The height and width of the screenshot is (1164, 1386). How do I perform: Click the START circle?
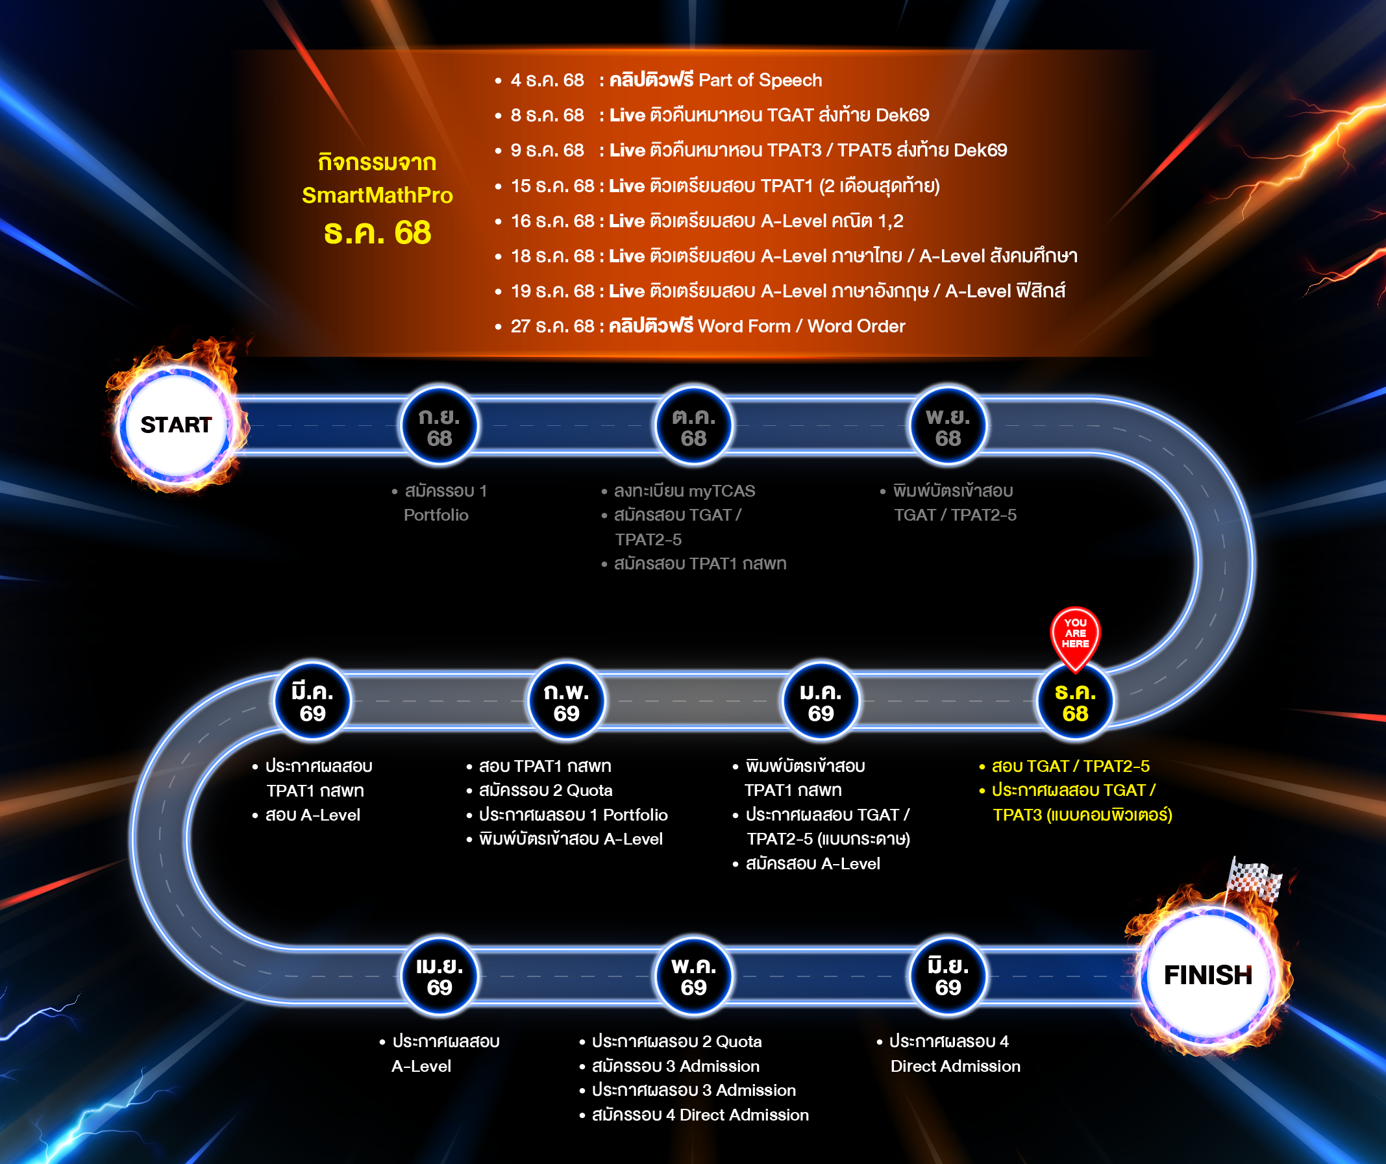175,425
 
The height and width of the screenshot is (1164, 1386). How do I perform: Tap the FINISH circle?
1207,974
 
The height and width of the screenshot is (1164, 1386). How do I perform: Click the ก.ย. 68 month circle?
439,427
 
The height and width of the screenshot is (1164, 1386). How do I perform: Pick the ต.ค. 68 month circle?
693,427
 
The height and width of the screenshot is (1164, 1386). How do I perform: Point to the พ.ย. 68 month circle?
948,427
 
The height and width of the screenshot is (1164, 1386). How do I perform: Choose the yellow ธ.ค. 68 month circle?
1075,702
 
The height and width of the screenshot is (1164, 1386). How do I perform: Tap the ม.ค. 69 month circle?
821,702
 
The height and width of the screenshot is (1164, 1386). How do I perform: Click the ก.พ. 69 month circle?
566,702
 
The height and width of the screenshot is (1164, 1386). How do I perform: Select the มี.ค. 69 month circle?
312,702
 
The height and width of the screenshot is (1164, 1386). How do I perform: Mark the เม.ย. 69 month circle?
439,976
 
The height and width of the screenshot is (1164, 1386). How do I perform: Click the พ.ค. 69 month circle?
693,976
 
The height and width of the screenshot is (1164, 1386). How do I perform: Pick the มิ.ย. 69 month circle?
948,976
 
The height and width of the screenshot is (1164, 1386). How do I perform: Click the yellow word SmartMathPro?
377,195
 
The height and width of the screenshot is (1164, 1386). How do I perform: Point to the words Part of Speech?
760,80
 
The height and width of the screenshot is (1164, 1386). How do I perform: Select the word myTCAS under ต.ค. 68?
721,491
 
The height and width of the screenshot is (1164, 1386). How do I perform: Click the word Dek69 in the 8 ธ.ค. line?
902,116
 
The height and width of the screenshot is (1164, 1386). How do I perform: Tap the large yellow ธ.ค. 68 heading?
377,233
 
